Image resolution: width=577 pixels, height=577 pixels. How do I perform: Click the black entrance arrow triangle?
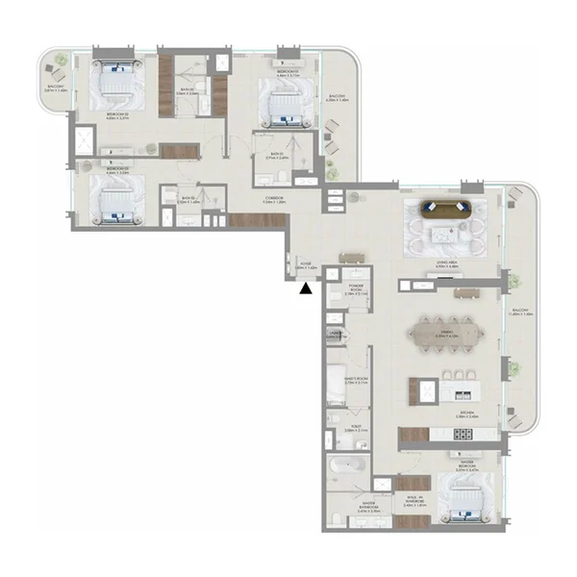[x=306, y=287]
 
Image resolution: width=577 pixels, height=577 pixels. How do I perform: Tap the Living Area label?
[x=439, y=262]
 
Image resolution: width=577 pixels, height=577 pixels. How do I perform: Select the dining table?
[x=446, y=334]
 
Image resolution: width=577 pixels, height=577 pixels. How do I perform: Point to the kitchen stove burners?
[x=462, y=434]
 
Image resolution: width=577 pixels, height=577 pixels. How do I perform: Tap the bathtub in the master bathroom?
[x=343, y=464]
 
